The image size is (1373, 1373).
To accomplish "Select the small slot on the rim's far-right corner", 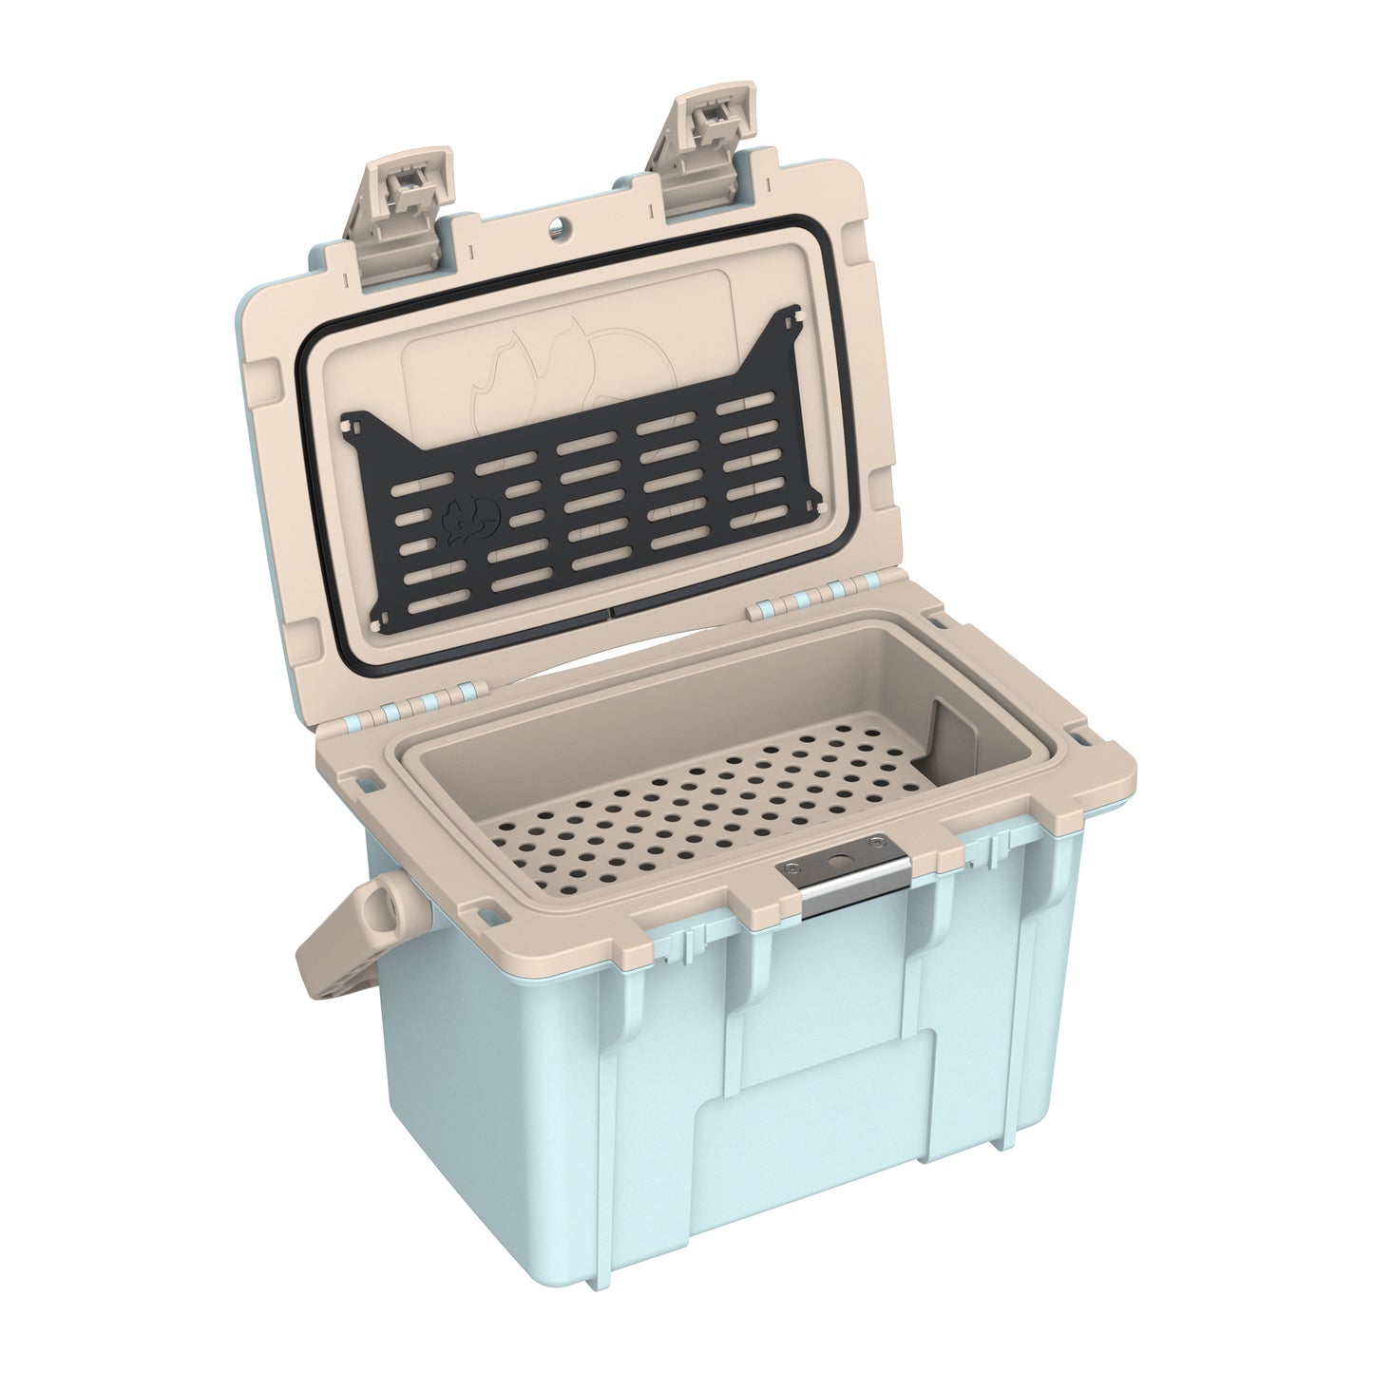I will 1080,733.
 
